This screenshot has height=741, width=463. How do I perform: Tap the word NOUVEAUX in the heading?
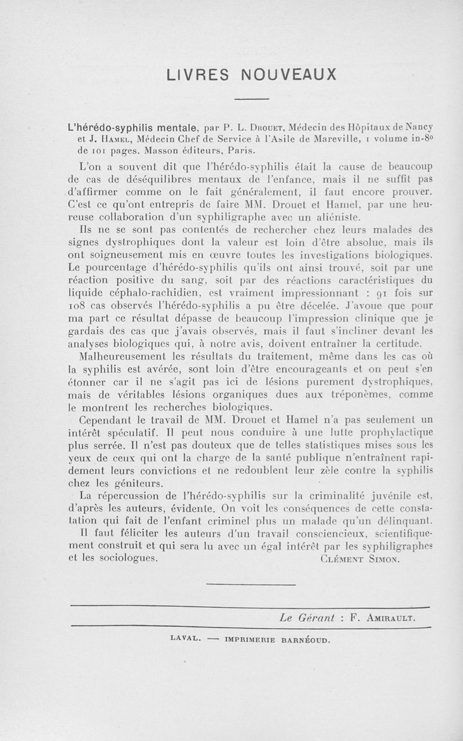289,75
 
